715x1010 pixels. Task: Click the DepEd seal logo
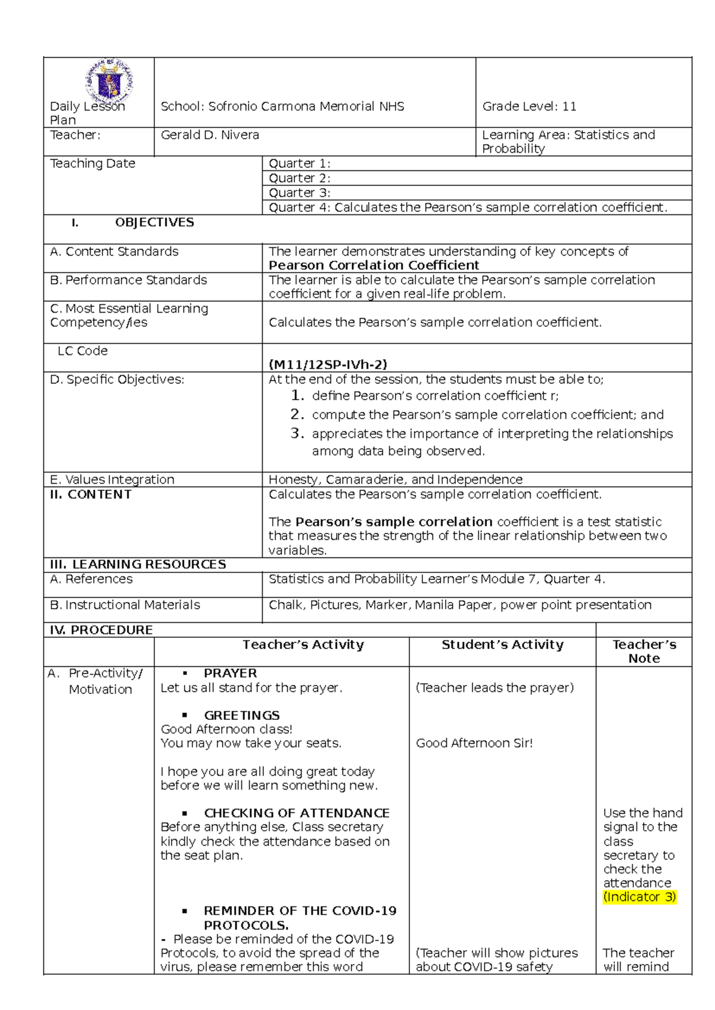click(110, 82)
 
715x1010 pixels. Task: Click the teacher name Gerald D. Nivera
click(210, 135)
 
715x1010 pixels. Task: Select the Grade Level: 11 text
click(529, 107)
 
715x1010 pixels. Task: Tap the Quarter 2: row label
click(299, 178)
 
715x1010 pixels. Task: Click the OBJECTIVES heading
click(154, 222)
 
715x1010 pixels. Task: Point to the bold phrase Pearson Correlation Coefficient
click(374, 265)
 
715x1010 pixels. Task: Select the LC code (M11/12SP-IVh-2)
click(328, 364)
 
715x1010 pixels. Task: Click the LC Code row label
click(82, 351)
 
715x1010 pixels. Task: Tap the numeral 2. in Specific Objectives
click(297, 414)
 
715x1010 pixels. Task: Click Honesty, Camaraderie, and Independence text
click(395, 479)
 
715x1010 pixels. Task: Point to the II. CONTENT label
click(91, 494)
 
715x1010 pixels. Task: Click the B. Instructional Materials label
click(125, 604)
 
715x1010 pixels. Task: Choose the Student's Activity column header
click(502, 644)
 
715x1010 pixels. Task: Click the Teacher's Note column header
click(643, 651)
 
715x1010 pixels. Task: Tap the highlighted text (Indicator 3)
click(639, 897)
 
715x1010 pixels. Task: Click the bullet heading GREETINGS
click(241, 715)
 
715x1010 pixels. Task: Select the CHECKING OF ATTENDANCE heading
click(296, 813)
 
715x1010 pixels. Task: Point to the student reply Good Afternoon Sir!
click(474, 743)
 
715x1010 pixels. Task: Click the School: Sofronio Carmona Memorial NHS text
click(282, 107)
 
